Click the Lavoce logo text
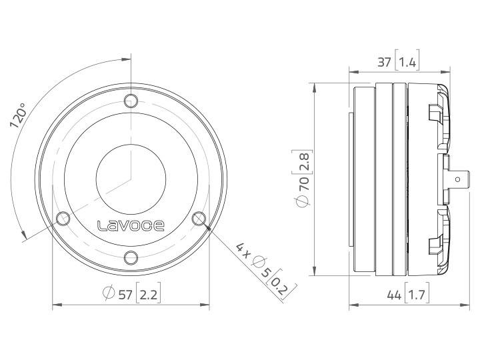coord(131,225)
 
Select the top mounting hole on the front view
coord(131,101)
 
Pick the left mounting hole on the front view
coord(64,218)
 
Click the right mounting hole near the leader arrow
coord(199,218)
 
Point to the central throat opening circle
coord(131,179)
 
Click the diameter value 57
coord(124,293)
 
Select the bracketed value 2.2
coord(148,293)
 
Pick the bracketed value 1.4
coord(407,63)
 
